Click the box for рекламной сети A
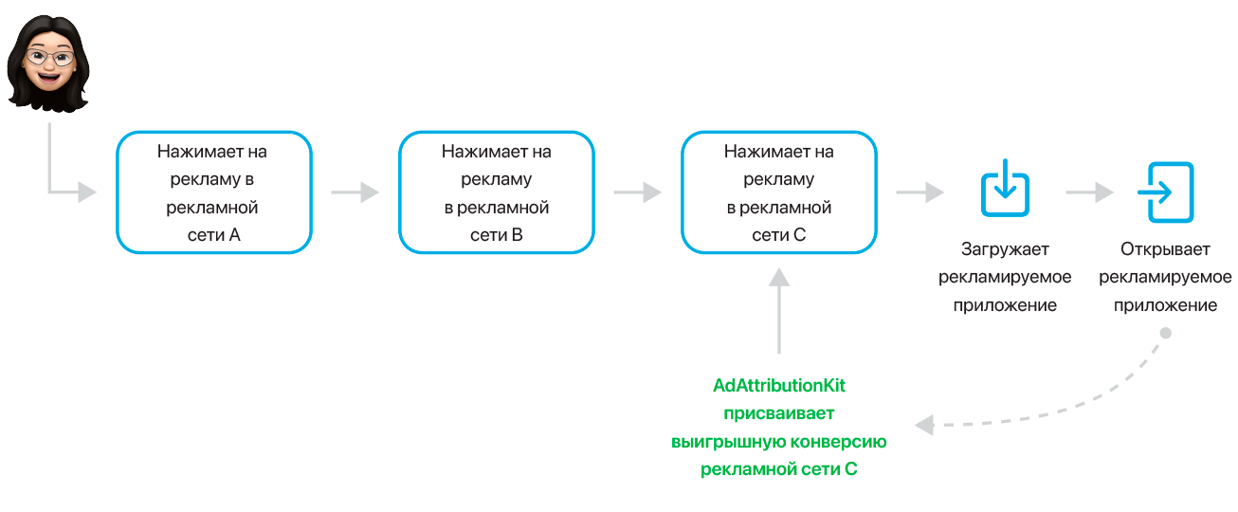213,192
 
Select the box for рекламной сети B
496,192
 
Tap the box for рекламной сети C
778,192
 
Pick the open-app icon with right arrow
1164,192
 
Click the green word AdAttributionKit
778,386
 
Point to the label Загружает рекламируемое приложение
1004,278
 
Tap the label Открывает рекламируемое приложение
1164,278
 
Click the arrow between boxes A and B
355,192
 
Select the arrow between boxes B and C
637,192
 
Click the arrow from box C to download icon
919,192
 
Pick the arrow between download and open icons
1089,192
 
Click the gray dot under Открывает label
1165,333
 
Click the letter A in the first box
234,235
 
